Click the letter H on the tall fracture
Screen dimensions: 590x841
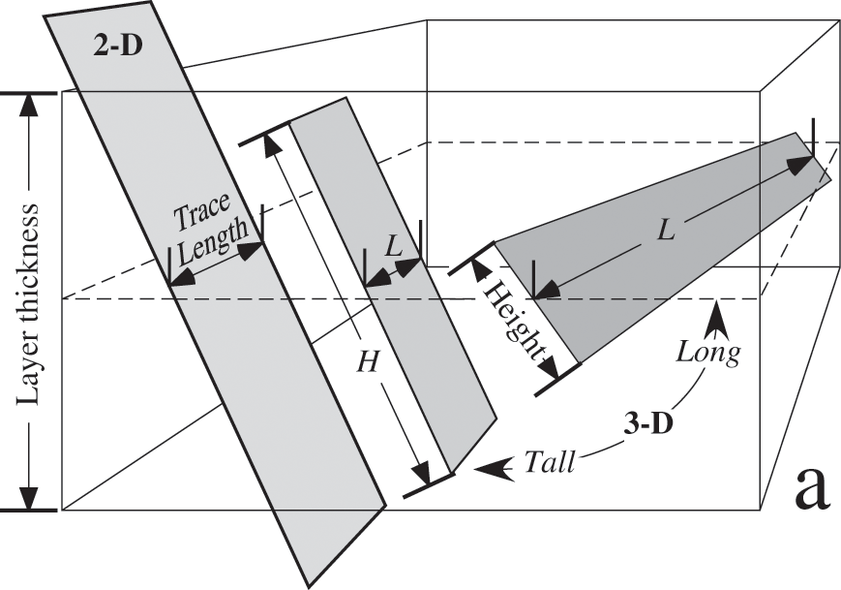[367, 361]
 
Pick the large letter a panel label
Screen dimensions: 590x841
[811, 490]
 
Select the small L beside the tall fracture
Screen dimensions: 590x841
[392, 248]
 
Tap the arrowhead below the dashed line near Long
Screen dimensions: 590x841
[717, 311]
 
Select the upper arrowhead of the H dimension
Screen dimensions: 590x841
[274, 140]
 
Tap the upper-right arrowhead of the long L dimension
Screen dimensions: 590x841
[800, 162]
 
